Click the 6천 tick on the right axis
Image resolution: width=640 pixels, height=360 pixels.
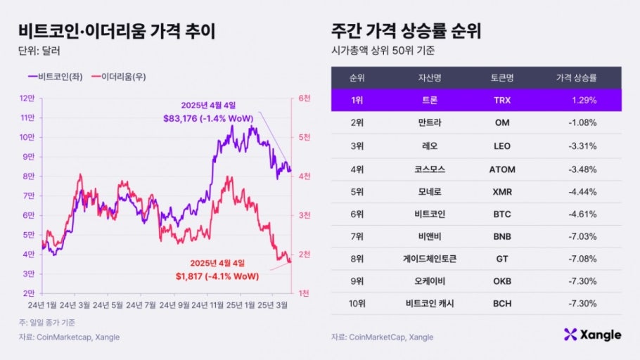[304, 98]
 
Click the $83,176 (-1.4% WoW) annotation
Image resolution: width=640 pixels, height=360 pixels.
[208, 118]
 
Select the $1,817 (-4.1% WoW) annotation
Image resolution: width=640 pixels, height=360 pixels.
[217, 276]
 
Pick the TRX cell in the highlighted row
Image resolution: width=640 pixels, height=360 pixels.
[502, 101]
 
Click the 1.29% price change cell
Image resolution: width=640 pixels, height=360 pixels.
[584, 101]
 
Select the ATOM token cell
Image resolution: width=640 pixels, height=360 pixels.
[502, 169]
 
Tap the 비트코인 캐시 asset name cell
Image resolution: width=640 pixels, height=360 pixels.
[427, 304]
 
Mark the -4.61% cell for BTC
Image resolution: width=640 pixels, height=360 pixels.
[582, 214]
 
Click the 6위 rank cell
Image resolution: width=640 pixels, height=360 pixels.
[357, 214]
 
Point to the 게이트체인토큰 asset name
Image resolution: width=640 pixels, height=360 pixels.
[427, 259]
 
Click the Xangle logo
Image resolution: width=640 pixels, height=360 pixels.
[592, 335]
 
